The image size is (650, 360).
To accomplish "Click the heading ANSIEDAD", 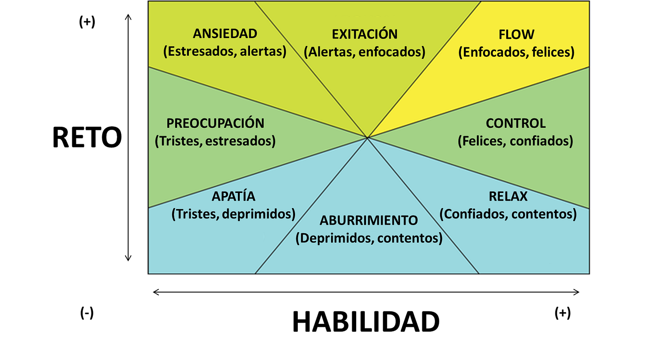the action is [225, 34].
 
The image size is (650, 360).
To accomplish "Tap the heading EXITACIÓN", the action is [365, 34].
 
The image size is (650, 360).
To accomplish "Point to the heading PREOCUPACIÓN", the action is [215, 123].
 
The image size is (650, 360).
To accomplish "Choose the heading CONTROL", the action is [516, 123].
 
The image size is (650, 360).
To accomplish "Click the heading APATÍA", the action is [233, 196].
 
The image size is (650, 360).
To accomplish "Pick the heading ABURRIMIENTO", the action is [369, 220].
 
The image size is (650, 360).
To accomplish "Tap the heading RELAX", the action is [508, 196].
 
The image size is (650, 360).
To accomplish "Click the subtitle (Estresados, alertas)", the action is [225, 52].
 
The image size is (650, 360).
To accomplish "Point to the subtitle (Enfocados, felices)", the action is [517, 52].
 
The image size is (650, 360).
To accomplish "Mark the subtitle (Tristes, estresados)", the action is [215, 141].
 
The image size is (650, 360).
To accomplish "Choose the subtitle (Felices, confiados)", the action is [516, 141].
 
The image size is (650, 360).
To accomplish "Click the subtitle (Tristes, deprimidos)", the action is [233, 214].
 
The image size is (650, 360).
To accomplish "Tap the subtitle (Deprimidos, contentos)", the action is [369, 238].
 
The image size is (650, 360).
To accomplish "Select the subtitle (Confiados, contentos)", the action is [508, 214].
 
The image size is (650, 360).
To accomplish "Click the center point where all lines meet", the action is [367, 138].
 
